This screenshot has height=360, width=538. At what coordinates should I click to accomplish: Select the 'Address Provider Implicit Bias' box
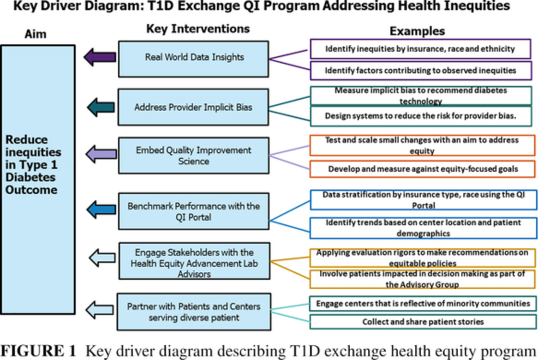[194, 107]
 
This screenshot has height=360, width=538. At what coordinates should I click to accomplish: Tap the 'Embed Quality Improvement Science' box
[194, 156]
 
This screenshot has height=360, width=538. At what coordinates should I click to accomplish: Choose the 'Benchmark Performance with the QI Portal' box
[194, 211]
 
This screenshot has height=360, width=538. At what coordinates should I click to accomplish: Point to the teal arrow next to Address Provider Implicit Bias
[101, 107]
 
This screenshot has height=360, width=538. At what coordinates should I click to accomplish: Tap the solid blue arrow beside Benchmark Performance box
[101, 209]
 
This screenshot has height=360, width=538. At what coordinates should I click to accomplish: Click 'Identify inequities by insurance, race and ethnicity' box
[420, 48]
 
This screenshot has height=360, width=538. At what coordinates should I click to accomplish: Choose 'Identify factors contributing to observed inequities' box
[420, 71]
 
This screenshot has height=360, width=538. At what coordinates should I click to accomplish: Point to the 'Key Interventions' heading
[197, 29]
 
